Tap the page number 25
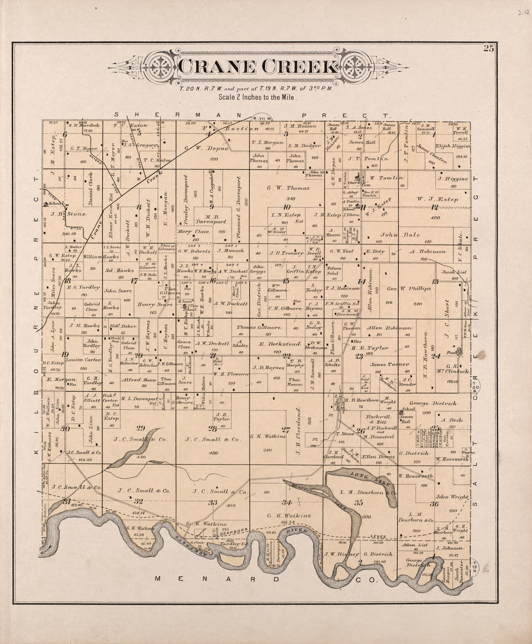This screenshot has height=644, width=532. (488, 48)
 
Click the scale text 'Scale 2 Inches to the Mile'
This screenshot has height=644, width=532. (257, 97)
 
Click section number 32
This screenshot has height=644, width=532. (138, 501)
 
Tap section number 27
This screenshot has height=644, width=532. (286, 429)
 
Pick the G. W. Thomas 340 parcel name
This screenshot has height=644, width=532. (288, 188)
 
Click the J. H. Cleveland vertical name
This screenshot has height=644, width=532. (300, 429)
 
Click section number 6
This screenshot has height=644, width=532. (64, 134)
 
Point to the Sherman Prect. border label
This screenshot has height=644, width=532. (251, 115)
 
